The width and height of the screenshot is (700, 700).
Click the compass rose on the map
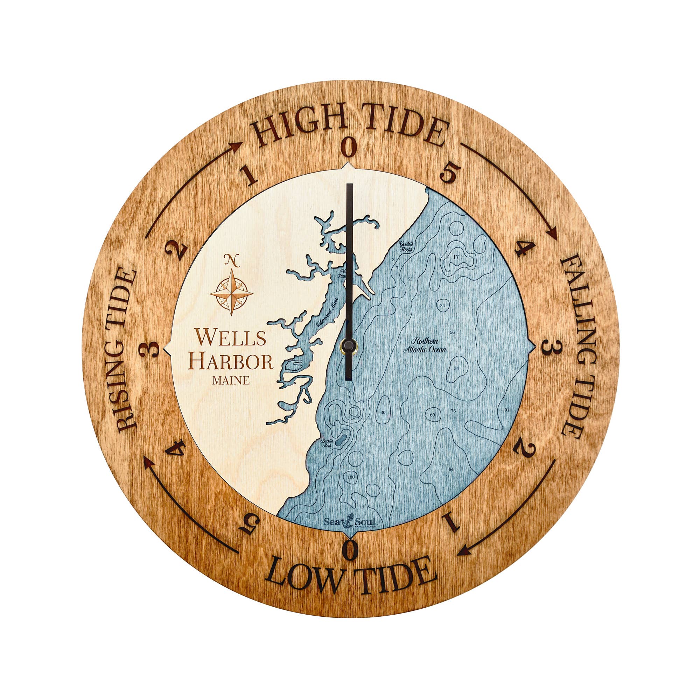point(231,292)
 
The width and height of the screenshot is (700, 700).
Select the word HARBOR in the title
point(232,362)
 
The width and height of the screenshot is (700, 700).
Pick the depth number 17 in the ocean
point(456,257)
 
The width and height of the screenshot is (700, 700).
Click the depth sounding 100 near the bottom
point(351,477)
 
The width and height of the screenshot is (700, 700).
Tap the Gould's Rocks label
point(406,247)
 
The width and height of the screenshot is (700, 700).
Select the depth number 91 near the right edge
point(507,410)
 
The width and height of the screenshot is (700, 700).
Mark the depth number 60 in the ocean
point(432,415)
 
